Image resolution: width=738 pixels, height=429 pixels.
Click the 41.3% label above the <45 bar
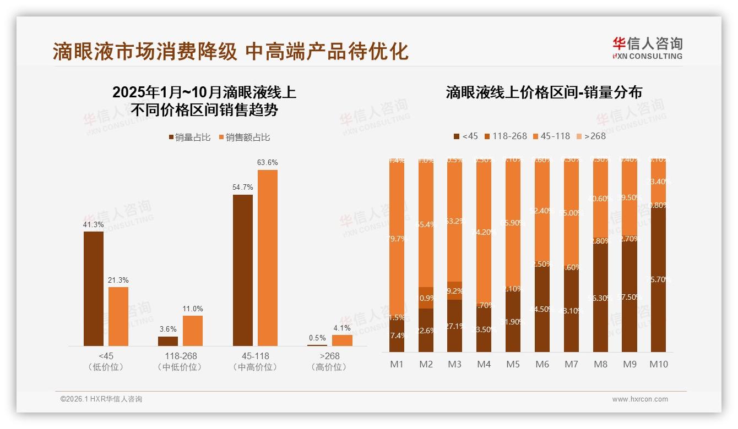coord(93,224)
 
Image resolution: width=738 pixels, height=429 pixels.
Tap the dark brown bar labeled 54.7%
coord(243,270)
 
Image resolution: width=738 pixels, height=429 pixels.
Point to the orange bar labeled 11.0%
coord(193,331)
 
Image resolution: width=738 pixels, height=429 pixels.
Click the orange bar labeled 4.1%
coord(342,340)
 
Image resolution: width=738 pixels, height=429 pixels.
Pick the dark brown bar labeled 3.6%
coord(168,341)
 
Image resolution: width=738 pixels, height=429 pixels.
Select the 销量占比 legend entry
coord(189,137)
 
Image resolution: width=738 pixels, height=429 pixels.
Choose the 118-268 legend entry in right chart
coord(505,136)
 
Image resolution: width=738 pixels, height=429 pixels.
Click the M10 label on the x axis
coord(658,364)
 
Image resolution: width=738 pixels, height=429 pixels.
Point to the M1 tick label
coord(397,364)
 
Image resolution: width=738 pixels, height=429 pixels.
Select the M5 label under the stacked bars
coord(513,364)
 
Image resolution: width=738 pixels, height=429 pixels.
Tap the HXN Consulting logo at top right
coord(647,48)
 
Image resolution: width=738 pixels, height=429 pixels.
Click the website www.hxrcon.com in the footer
coord(640,399)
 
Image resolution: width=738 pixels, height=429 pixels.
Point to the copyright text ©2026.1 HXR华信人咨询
coord(101,399)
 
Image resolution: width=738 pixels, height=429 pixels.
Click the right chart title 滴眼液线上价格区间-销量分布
coord(544,92)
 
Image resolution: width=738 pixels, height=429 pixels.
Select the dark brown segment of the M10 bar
coord(658,280)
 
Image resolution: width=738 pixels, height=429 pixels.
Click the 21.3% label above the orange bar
coord(118,280)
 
